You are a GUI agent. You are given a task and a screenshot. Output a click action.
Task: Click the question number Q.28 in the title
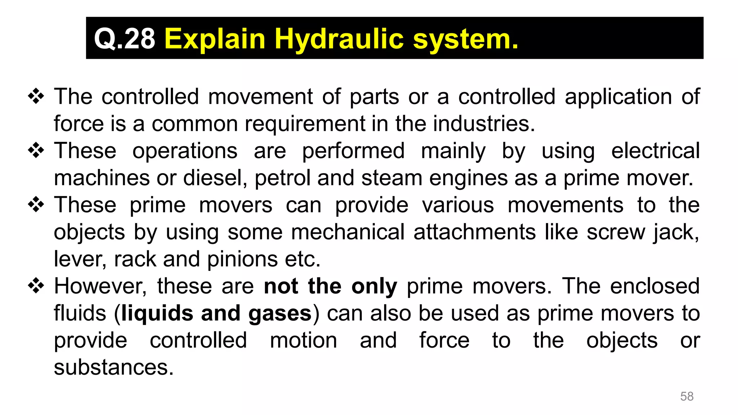(x=124, y=39)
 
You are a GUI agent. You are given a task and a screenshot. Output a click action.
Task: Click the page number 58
(x=686, y=396)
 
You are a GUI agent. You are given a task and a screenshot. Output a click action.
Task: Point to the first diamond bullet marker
(x=36, y=97)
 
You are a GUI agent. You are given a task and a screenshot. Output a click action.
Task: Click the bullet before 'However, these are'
(x=36, y=286)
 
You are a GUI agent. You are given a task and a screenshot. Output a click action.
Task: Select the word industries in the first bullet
(x=484, y=124)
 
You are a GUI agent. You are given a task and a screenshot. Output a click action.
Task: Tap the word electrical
(x=655, y=151)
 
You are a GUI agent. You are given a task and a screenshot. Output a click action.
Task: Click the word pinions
(x=243, y=259)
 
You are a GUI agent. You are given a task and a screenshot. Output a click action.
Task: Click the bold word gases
(x=280, y=313)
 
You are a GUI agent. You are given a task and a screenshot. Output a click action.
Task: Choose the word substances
(x=114, y=367)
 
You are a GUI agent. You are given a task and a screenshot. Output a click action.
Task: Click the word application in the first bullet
(x=618, y=97)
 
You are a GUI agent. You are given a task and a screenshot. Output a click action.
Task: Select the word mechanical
(x=348, y=232)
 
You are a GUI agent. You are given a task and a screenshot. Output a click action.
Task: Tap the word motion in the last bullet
(x=303, y=340)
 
